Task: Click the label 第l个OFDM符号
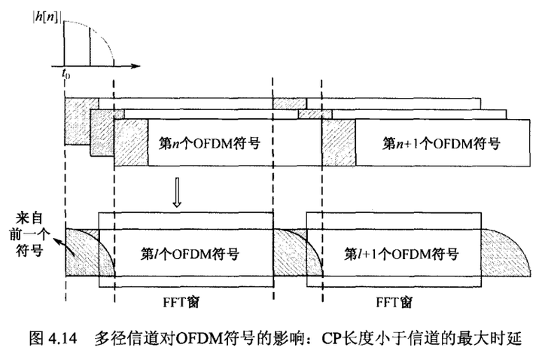click(190, 254)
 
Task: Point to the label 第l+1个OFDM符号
click(394, 254)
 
